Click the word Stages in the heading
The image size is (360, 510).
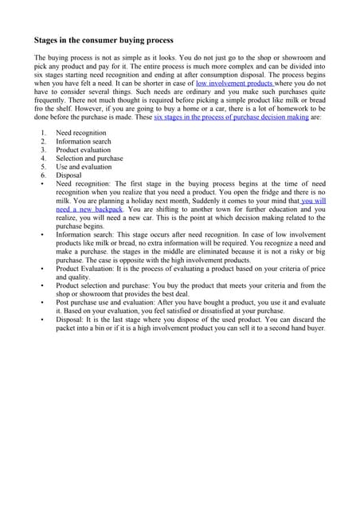point(48,40)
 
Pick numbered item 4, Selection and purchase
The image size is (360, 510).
point(89,159)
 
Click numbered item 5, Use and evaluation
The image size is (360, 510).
point(84,167)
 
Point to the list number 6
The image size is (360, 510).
point(43,176)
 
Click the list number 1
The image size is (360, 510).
point(43,132)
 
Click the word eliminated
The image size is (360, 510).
point(226,252)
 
